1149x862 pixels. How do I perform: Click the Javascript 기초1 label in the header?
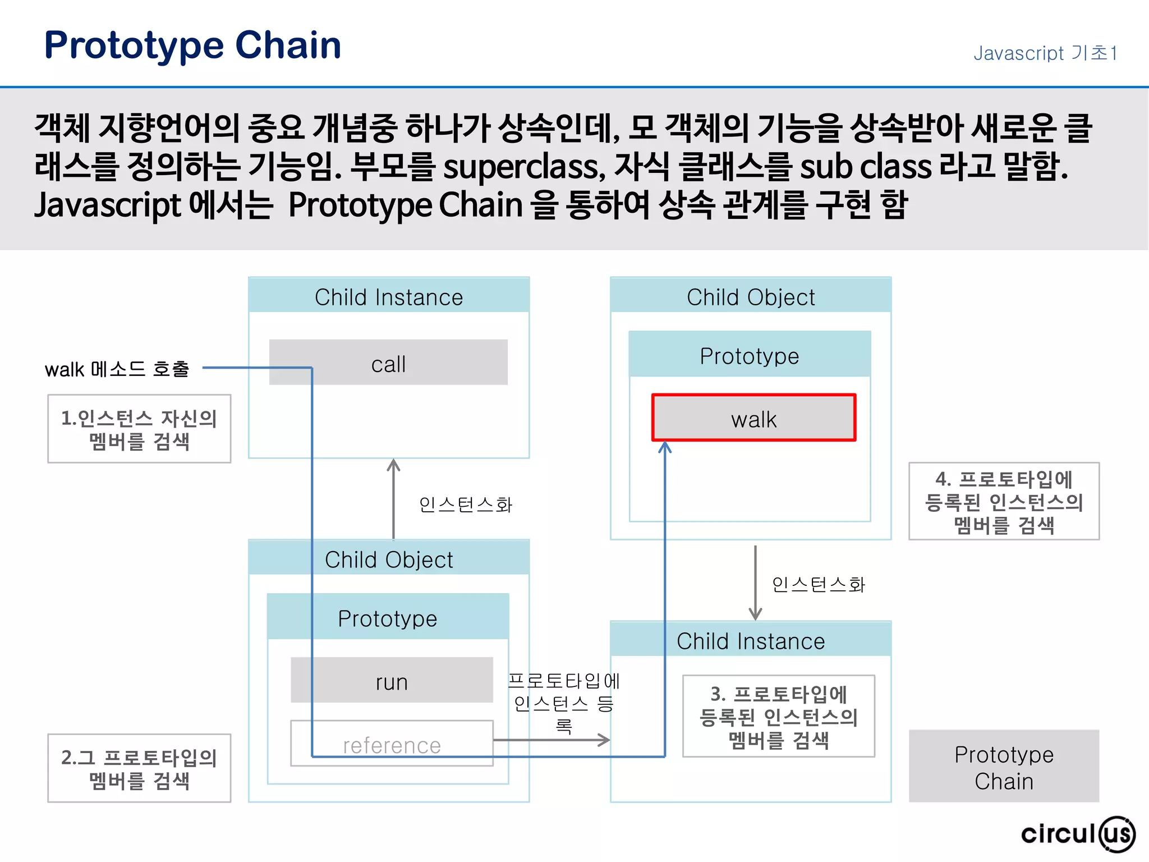(1045, 53)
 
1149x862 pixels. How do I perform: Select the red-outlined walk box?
(753, 418)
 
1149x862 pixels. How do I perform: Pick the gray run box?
(392, 680)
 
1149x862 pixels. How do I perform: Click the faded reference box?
(392, 744)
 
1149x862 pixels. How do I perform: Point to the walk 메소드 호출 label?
(117, 369)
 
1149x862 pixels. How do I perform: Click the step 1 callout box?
(139, 429)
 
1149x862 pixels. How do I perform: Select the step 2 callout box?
(139, 768)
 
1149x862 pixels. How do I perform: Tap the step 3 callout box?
(778, 717)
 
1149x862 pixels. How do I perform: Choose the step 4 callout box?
(1004, 501)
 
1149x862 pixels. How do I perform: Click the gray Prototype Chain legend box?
(1004, 767)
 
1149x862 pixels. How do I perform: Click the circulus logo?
(1077, 834)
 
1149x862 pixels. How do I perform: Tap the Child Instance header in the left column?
(389, 296)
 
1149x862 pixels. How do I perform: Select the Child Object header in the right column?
(751, 296)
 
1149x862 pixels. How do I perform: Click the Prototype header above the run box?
(388, 617)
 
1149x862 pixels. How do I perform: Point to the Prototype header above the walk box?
(750, 355)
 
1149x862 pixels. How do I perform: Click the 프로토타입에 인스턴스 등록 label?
(563, 703)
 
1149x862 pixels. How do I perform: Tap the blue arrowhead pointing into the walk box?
(665, 447)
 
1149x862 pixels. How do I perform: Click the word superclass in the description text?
(524, 167)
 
